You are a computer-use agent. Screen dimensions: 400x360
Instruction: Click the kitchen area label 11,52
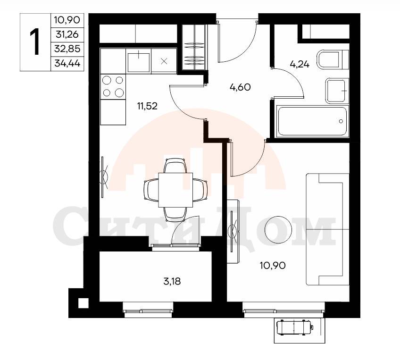click(x=147, y=106)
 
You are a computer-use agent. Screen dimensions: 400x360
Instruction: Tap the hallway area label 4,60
click(x=240, y=87)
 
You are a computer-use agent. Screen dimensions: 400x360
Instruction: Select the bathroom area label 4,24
click(x=300, y=64)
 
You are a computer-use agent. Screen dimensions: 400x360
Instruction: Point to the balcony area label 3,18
click(x=172, y=281)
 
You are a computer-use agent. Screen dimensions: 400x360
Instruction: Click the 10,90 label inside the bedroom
click(x=273, y=266)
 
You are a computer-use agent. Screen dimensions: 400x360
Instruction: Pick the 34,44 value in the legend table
click(x=67, y=63)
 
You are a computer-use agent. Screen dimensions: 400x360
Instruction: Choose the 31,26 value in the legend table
click(x=67, y=34)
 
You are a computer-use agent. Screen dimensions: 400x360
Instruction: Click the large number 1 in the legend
click(x=35, y=42)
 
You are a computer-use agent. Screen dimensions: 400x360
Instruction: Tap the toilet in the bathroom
click(x=333, y=59)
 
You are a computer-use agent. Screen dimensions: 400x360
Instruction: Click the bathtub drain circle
click(x=341, y=121)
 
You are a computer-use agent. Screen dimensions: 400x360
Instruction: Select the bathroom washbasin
click(x=337, y=91)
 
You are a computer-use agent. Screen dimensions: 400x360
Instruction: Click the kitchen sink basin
click(x=139, y=62)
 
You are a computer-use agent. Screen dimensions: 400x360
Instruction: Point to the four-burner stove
click(x=113, y=87)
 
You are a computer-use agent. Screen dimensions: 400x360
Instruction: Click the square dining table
click(x=175, y=190)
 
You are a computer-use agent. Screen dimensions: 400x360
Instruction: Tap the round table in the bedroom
click(x=278, y=230)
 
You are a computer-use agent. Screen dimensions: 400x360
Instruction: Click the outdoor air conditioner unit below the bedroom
click(x=295, y=327)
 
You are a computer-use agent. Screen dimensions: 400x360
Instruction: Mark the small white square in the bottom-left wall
click(x=83, y=303)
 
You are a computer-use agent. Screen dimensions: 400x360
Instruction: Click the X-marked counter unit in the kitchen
click(x=164, y=61)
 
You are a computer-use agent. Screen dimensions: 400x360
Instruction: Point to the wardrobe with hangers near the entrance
click(x=194, y=47)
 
